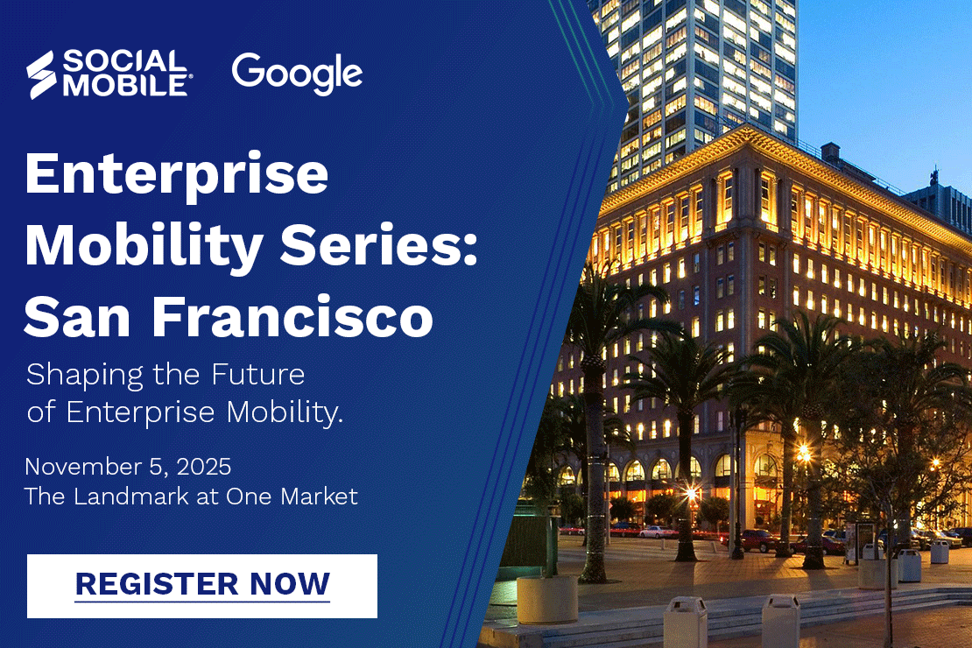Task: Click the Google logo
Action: (297, 74)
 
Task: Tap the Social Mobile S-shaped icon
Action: (41, 74)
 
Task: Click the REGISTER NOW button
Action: (202, 586)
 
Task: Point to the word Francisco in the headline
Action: (292, 316)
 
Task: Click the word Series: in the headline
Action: (379, 245)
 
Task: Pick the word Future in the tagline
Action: (258, 375)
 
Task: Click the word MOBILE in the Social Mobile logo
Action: (124, 86)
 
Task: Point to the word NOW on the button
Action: (290, 583)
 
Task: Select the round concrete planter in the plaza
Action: (547, 599)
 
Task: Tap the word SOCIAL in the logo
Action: (124, 62)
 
